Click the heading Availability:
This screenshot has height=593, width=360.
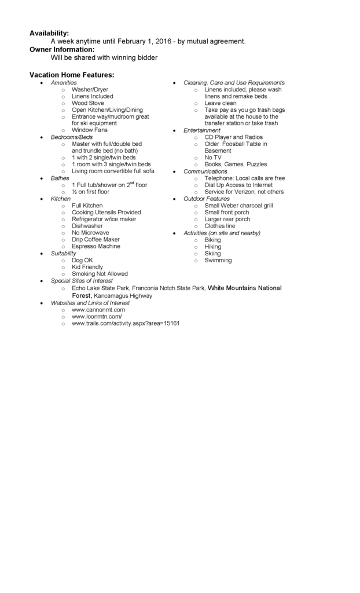click(49, 33)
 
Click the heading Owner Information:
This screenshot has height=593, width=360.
click(62, 49)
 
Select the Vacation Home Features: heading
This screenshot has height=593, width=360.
click(72, 75)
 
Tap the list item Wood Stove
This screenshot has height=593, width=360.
click(88, 103)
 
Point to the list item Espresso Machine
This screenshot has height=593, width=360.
click(96, 246)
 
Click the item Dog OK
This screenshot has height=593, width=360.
click(82, 260)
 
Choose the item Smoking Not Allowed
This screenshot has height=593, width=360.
click(100, 274)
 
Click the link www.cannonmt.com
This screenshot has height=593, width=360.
click(98, 310)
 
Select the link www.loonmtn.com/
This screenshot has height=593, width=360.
click(97, 317)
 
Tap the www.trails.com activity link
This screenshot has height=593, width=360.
click(126, 323)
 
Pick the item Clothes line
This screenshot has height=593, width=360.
click(220, 226)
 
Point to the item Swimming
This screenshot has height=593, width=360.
click(218, 261)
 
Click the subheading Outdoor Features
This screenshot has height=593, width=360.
click(207, 199)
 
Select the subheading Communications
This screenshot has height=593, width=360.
click(205, 171)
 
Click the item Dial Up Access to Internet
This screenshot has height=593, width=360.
click(238, 185)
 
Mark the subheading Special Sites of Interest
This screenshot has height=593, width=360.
click(82, 280)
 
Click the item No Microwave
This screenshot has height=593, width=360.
click(90, 233)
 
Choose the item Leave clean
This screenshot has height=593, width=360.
click(221, 103)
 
